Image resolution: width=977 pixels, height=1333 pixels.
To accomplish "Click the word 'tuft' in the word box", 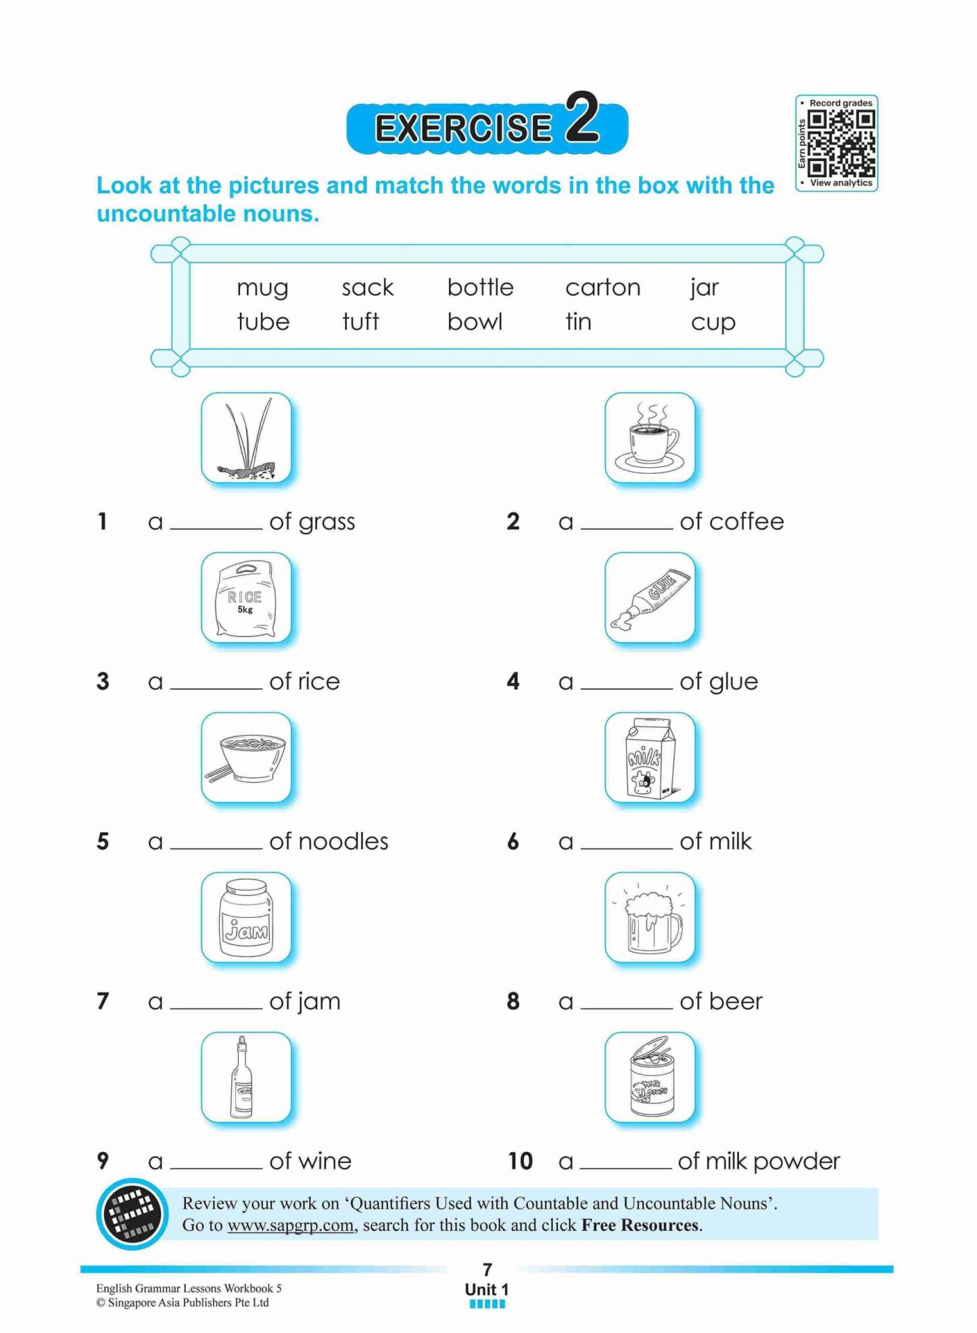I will click(360, 322).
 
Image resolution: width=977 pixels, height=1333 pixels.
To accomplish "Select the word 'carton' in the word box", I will click(602, 288).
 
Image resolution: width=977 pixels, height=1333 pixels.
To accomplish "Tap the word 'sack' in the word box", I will click(367, 288).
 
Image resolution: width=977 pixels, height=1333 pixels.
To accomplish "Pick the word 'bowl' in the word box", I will click(475, 322).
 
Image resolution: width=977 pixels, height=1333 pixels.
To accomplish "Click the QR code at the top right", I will click(841, 143).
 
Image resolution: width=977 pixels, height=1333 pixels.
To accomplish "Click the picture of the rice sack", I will click(246, 598).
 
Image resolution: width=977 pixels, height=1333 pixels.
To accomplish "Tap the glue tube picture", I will click(650, 598).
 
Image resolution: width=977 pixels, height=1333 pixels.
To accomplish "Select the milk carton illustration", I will click(650, 757).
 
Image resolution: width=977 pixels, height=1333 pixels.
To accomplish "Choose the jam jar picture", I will click(246, 917).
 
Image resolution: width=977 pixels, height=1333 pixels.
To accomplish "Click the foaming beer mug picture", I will click(650, 917).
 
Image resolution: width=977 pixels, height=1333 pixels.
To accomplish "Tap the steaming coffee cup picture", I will click(650, 438).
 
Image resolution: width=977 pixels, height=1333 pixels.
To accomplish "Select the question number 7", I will click(103, 1001).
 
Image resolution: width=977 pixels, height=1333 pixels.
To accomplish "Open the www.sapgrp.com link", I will click(290, 1226).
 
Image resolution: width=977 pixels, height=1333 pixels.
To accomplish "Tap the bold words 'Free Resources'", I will click(640, 1226).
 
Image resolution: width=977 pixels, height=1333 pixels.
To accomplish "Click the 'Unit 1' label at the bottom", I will click(487, 1289).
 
